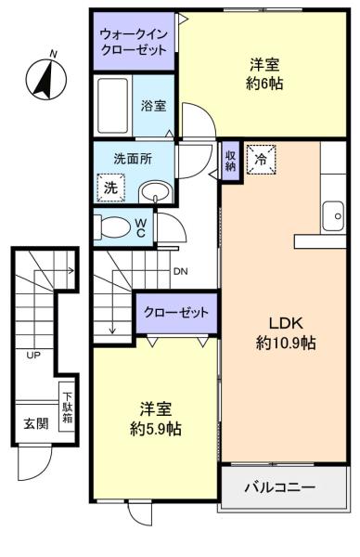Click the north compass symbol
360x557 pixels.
(x=46, y=77)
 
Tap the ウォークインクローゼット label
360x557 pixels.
(x=134, y=42)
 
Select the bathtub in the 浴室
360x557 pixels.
(x=113, y=106)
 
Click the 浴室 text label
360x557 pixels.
(x=153, y=106)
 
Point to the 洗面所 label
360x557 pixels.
(x=133, y=159)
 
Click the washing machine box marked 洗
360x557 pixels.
(x=110, y=188)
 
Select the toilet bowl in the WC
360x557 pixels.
(x=112, y=227)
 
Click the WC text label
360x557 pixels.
(x=141, y=227)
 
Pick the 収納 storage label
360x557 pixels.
(x=230, y=162)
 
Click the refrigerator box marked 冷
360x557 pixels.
(x=262, y=159)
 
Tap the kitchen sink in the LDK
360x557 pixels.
(x=333, y=216)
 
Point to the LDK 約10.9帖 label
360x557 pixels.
(x=286, y=333)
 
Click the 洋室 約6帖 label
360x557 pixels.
(x=264, y=74)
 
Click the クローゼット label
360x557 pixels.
(x=176, y=313)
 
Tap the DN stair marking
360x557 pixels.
(x=180, y=272)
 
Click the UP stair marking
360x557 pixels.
(x=33, y=355)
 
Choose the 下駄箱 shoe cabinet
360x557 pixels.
(x=67, y=408)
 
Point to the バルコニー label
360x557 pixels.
(x=280, y=486)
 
